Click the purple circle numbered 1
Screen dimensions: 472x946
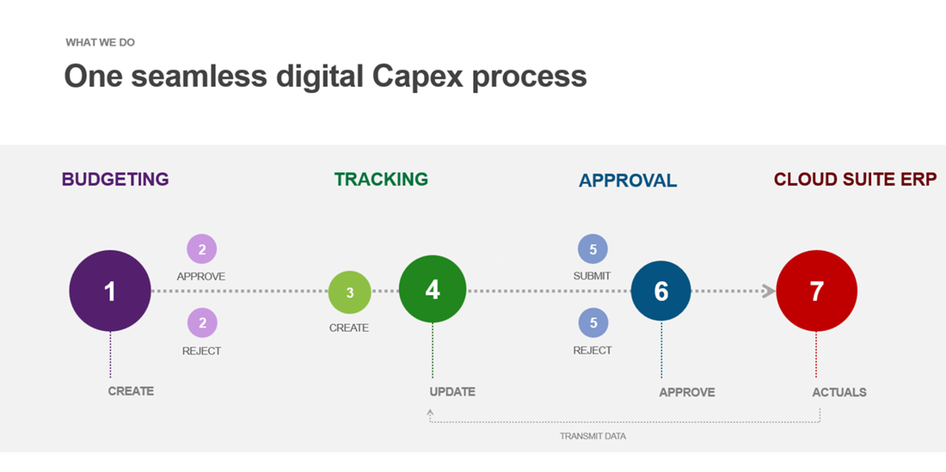click(x=110, y=291)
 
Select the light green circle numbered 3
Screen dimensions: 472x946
click(x=349, y=292)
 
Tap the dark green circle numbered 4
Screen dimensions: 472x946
click(x=433, y=290)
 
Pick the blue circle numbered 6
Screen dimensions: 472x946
click(x=661, y=291)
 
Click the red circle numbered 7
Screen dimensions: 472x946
click(x=816, y=291)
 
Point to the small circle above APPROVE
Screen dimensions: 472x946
click(x=202, y=250)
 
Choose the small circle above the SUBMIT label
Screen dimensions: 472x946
click(x=593, y=249)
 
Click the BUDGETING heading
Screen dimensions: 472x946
click(x=115, y=180)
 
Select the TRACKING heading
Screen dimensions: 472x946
click(x=381, y=179)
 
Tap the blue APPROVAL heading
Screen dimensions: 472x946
click(x=628, y=181)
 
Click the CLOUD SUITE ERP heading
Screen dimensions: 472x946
click(x=855, y=180)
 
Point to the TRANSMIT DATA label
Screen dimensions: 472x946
click(x=593, y=436)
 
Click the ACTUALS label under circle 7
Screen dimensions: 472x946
click(x=839, y=392)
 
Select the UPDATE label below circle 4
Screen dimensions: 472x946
click(x=452, y=392)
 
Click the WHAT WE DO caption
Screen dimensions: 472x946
click(x=100, y=42)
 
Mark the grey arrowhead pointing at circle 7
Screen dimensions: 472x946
click(x=768, y=291)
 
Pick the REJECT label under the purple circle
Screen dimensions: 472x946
click(x=201, y=351)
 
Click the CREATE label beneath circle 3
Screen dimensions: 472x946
click(x=349, y=328)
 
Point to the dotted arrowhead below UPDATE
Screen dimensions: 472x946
click(x=430, y=413)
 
